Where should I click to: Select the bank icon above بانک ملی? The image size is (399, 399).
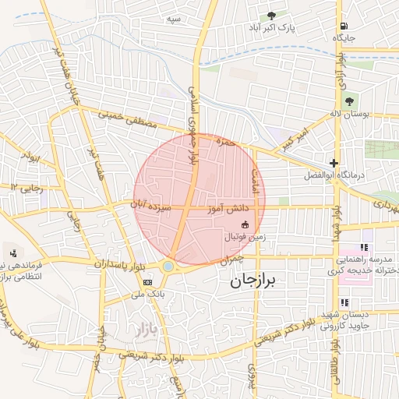pyautogui.click(x=148, y=281)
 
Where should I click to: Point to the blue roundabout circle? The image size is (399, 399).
pyautogui.click(x=168, y=267)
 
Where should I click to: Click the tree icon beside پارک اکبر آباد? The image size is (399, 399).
pyautogui.click(x=272, y=16)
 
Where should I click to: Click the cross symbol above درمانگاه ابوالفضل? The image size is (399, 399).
pyautogui.click(x=334, y=163)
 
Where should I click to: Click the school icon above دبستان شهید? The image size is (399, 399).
pyautogui.click(x=344, y=302)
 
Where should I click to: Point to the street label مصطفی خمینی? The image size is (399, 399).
pyautogui.click(x=129, y=120)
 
